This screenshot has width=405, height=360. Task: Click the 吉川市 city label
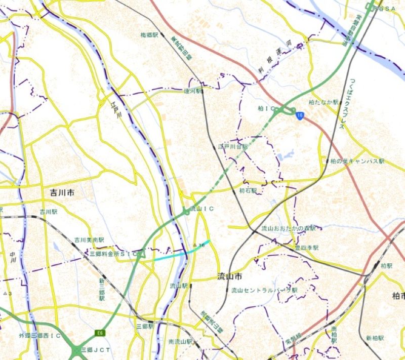pos(62,193)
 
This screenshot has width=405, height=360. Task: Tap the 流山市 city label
pos(222,277)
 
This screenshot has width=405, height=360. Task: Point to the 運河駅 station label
pos(193,92)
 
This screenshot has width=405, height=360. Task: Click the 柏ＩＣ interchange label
pos(266,109)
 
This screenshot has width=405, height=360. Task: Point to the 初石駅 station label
pos(248,191)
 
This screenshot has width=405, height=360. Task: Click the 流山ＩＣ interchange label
pos(201,208)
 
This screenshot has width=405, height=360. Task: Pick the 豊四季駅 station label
pos(307,248)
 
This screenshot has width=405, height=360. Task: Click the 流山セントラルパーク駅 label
pos(264,290)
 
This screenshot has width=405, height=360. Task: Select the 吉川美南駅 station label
pos(89,239)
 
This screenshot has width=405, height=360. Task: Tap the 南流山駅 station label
pos(181,342)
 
